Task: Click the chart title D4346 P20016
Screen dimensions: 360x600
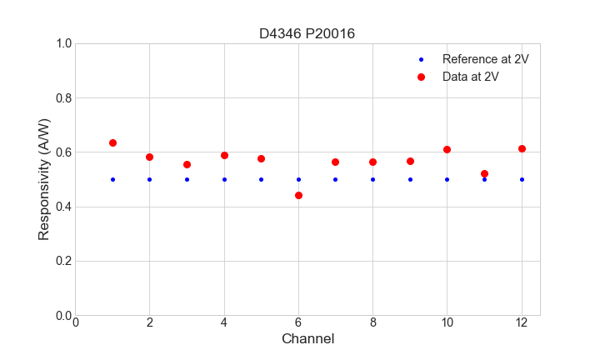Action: pos(307,33)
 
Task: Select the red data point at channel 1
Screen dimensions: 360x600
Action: pos(112,142)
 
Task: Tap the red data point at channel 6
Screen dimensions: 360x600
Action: pos(298,195)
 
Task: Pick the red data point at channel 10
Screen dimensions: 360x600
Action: pos(447,149)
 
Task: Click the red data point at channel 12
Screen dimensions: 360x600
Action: pos(522,148)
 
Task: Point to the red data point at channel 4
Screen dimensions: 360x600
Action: pos(224,155)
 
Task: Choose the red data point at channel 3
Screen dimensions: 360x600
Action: pos(187,164)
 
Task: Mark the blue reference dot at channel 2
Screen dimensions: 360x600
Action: pos(149,179)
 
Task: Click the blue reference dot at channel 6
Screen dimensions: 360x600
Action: pos(298,179)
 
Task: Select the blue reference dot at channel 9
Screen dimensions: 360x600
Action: pos(410,179)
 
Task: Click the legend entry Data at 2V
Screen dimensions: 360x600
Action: pos(470,77)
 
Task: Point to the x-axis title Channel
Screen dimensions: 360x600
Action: pos(307,339)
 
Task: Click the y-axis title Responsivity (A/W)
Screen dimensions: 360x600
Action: pos(44,179)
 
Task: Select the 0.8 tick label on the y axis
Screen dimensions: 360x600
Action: pos(62,98)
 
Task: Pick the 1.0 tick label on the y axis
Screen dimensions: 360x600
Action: pos(62,43)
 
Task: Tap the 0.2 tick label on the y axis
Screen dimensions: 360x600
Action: pos(62,261)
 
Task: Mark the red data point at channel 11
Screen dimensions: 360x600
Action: pos(484,173)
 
